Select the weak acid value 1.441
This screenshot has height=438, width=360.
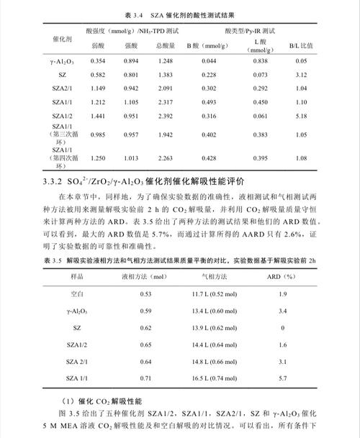(x=98, y=116)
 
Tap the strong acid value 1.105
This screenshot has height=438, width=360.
(x=132, y=102)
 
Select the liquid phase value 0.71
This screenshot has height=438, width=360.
(x=146, y=377)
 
